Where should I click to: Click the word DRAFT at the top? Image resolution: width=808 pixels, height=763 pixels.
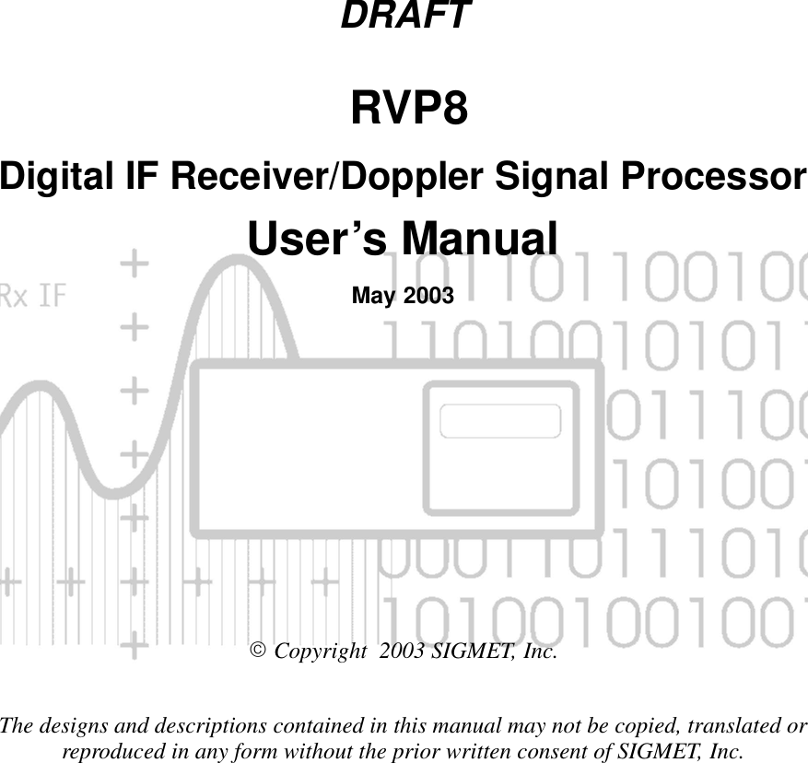405,16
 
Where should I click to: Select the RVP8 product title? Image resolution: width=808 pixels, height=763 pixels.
408,111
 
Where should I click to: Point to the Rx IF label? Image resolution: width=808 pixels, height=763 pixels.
32,296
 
